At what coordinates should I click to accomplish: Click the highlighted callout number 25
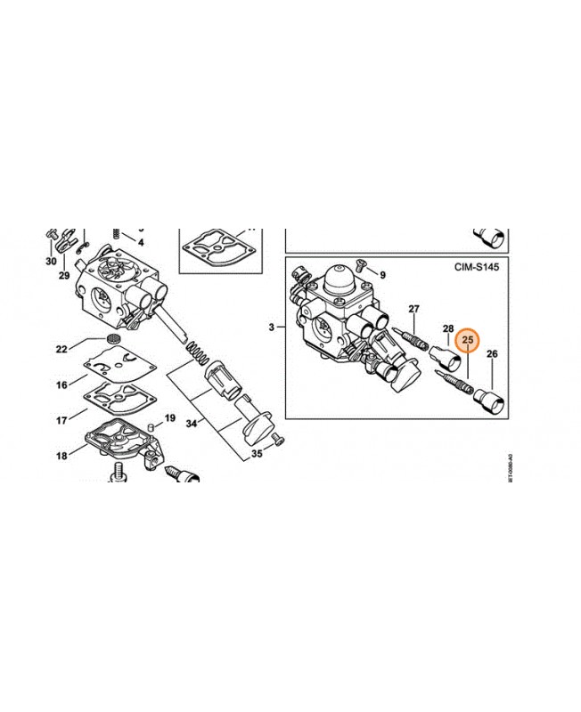tap(468, 339)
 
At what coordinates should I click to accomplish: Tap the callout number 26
tap(493, 354)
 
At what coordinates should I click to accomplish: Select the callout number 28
tap(448, 328)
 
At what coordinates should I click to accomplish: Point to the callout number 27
tap(413, 309)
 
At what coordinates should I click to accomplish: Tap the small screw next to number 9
tap(359, 263)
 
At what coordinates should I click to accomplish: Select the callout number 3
tap(270, 328)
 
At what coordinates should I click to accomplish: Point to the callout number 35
tap(256, 454)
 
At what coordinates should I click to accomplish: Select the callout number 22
tap(61, 348)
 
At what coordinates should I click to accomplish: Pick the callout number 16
tap(61, 384)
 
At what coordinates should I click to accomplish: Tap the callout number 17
tap(61, 418)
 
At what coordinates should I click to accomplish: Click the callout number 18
tap(61, 456)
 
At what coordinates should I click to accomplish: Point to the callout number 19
tap(169, 417)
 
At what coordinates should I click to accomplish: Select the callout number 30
tap(51, 261)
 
